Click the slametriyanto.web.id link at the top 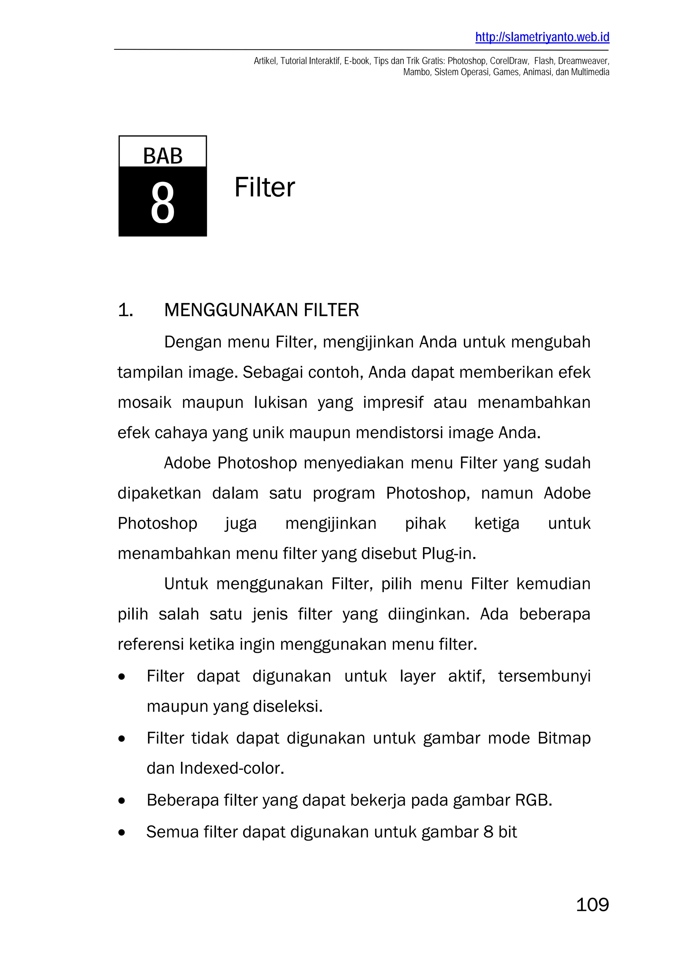pyautogui.click(x=542, y=37)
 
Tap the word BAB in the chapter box pyautogui.click(x=163, y=156)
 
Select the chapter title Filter pyautogui.click(x=264, y=187)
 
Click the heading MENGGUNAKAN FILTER pyautogui.click(x=261, y=310)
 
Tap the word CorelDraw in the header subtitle pyautogui.click(x=509, y=61)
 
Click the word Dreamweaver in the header pyautogui.click(x=583, y=61)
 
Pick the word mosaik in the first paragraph pyautogui.click(x=144, y=402)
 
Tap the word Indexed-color pyautogui.click(x=232, y=768)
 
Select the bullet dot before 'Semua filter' pyautogui.click(x=122, y=833)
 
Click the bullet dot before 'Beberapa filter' pyautogui.click(x=122, y=801)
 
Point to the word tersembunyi pyautogui.click(x=544, y=676)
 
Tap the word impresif pyautogui.click(x=393, y=402)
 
